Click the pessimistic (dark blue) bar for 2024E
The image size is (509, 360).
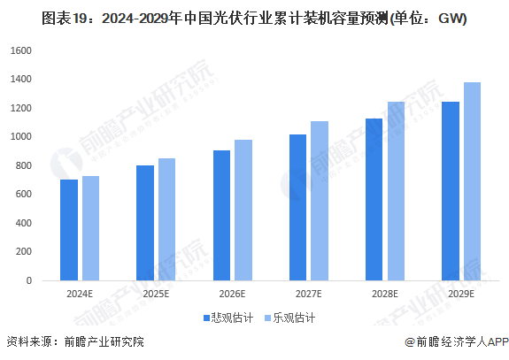coord(69,230)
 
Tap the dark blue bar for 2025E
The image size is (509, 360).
coord(145,223)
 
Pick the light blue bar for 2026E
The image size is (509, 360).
coord(243,210)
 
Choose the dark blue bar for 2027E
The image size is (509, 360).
coord(297,207)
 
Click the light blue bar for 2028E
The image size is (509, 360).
coord(396,191)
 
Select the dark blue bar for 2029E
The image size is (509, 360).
coord(450,191)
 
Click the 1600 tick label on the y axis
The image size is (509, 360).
coord(19,50)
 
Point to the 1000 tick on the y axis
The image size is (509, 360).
coord(19,137)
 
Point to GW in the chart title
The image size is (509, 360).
coord(451,18)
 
